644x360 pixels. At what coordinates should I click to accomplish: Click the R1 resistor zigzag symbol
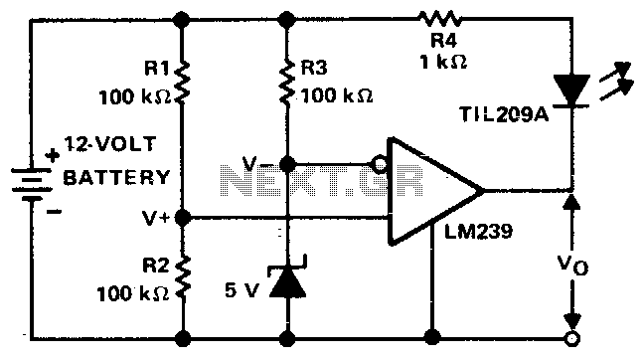(x=183, y=82)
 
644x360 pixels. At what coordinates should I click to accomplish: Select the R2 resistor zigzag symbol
(x=183, y=276)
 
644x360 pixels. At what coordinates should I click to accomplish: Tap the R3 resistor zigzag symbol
(x=287, y=82)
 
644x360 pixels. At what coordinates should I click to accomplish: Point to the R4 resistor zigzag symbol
(x=439, y=19)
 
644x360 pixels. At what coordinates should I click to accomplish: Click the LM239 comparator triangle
(x=435, y=191)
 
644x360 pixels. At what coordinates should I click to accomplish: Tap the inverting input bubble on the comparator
(x=379, y=165)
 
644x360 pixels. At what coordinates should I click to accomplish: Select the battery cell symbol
(x=32, y=185)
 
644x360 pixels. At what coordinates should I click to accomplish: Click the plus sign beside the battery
(x=53, y=155)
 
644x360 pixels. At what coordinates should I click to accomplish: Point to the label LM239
(x=478, y=232)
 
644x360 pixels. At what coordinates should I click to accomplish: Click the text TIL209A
(x=504, y=114)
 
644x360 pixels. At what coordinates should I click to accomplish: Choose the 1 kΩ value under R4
(x=443, y=62)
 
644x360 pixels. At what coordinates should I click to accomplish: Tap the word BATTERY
(x=116, y=177)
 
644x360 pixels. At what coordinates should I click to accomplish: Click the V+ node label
(x=156, y=218)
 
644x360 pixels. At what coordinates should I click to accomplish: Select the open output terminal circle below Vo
(x=571, y=339)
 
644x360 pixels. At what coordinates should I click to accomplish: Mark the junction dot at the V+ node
(x=183, y=218)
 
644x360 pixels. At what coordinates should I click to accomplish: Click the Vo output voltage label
(x=572, y=265)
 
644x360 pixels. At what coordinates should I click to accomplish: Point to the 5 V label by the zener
(x=242, y=290)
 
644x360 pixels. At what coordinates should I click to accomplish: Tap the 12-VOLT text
(x=110, y=144)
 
